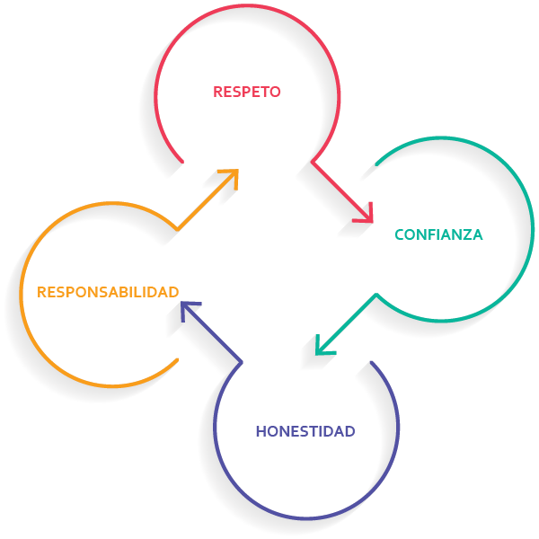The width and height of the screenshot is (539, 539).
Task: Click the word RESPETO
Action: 247,92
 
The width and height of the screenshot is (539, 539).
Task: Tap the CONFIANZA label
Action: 438,235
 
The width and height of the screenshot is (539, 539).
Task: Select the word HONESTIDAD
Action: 305,431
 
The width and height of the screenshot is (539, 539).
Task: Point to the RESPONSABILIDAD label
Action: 108,292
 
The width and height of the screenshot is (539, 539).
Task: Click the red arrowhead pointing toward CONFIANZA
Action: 364,213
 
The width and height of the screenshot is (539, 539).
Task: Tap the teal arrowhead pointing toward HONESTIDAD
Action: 323,344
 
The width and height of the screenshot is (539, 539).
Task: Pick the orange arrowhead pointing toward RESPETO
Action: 231,176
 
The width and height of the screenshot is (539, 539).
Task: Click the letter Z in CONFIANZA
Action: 464,235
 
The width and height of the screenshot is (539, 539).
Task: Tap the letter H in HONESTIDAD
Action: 261,431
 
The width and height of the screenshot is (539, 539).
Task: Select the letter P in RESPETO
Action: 243,92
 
